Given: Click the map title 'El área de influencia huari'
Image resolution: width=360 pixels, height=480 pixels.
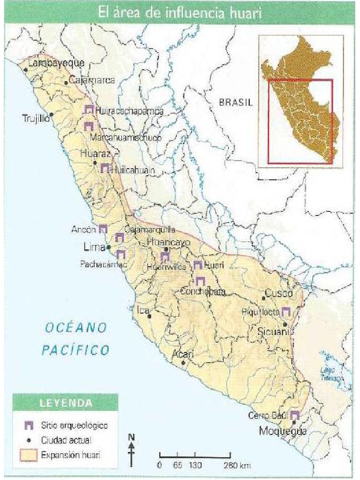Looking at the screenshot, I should (x=180, y=13).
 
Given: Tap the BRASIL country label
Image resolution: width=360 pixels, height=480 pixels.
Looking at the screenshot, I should (x=236, y=103).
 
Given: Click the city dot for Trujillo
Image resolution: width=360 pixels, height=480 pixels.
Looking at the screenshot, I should (x=52, y=114).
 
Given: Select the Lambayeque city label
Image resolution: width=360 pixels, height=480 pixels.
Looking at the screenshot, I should (x=56, y=63).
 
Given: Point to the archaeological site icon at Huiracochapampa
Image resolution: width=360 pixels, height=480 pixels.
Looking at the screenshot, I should (x=89, y=110).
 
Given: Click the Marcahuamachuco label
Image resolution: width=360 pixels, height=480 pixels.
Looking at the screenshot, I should (x=125, y=138).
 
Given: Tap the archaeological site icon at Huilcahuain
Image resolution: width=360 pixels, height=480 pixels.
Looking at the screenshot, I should (x=105, y=168).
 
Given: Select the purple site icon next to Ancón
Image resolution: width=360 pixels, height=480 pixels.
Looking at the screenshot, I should (x=103, y=229).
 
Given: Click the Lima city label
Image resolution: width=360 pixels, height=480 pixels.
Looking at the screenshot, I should (x=93, y=247).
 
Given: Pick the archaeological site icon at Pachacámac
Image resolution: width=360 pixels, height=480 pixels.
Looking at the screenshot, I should (x=120, y=255).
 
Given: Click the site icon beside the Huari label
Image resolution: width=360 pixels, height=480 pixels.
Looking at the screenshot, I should (x=198, y=265).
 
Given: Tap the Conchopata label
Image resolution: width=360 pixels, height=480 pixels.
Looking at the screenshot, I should (x=203, y=292).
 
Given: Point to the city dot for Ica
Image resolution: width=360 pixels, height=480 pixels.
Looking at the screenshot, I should (x=150, y=316).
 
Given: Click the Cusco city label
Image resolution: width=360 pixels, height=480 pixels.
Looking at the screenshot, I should (x=279, y=293).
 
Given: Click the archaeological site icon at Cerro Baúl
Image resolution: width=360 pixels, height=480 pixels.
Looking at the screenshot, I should (x=294, y=415).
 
